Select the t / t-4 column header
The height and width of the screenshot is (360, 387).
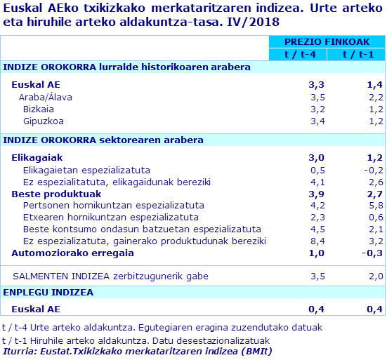[x=298, y=55]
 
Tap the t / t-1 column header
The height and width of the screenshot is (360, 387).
[x=355, y=55]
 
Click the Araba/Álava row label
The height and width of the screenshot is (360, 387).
[x=45, y=97]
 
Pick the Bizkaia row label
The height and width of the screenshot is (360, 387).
[x=39, y=109]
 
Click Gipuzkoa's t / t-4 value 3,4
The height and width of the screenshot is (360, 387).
[x=317, y=121]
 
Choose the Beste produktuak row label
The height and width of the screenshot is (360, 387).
[x=56, y=194]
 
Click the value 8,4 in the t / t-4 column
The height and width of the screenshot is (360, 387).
[x=317, y=241]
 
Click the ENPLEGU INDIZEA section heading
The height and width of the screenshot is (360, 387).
[x=48, y=292]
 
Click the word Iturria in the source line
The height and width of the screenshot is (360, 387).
[x=20, y=351]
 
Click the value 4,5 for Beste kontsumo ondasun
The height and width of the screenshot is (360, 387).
[x=317, y=229]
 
